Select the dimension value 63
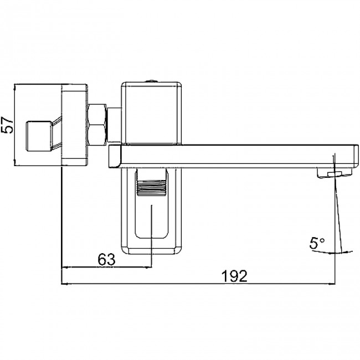[x=106, y=260]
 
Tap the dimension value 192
[x=234, y=276]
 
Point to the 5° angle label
[x=317, y=243]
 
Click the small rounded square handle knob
[x=39, y=136]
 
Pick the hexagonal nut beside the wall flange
[x=97, y=125]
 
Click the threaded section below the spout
[x=151, y=188]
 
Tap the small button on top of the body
[x=151, y=81]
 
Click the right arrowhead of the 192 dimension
[x=332, y=284]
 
